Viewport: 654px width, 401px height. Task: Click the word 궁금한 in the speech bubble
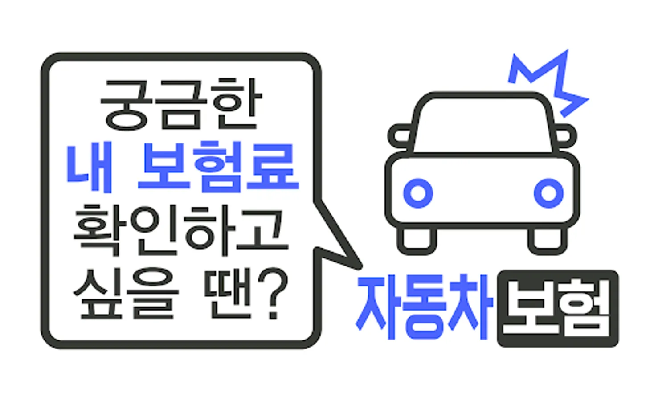[x=181, y=105]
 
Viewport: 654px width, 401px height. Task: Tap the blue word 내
[x=90, y=167]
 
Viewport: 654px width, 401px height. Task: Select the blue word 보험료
[x=218, y=167]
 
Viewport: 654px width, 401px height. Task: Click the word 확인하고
[x=181, y=231]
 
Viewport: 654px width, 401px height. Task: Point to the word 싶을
[x=126, y=294]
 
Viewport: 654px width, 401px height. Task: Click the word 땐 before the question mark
[x=228, y=294]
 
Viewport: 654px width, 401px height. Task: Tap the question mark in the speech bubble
[x=273, y=294]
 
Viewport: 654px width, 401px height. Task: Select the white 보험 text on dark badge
[x=558, y=308]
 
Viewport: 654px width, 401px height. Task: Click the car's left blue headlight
[x=418, y=193]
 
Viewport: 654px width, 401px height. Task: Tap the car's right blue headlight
[x=548, y=193]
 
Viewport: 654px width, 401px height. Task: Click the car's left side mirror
[x=399, y=136]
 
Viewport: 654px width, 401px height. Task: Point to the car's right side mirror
[x=566, y=136]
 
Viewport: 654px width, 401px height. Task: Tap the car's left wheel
[x=417, y=241]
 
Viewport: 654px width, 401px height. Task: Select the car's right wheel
[x=548, y=241]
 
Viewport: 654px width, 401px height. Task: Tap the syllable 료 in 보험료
[x=273, y=167]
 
